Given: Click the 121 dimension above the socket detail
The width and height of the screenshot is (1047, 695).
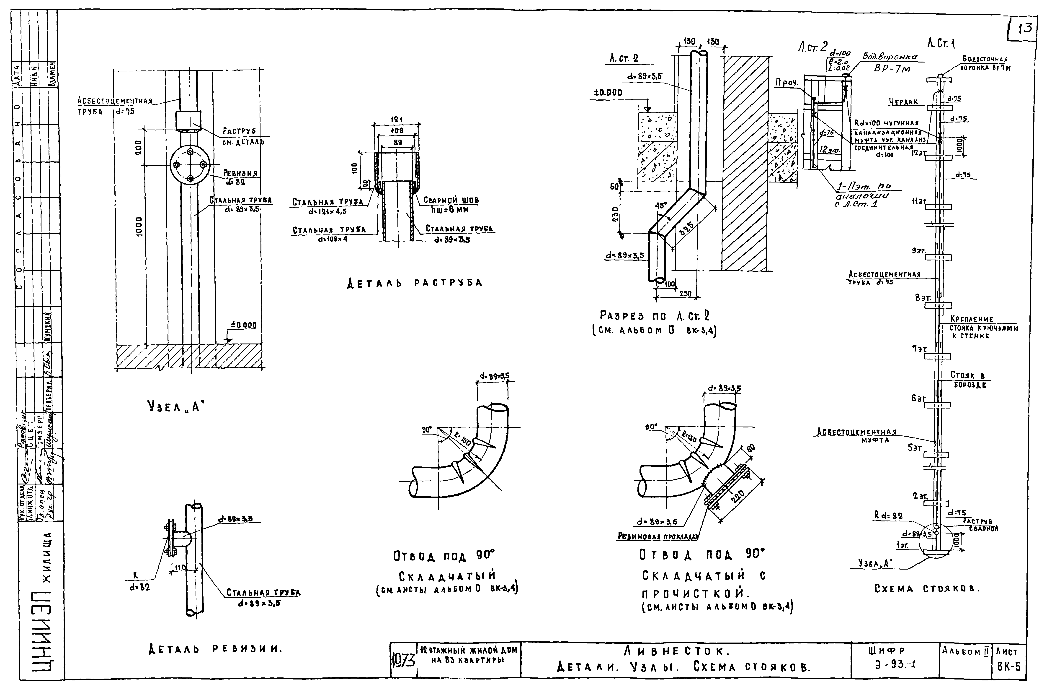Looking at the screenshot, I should [x=396, y=120].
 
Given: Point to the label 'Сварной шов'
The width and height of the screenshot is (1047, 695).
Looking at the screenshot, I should [x=451, y=200].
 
